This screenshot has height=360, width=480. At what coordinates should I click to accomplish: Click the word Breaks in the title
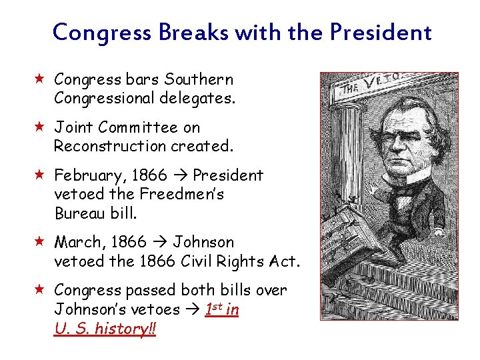click(193, 31)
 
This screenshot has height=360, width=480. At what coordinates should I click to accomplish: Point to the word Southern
click(199, 80)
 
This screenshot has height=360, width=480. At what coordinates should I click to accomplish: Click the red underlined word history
click(121, 329)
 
